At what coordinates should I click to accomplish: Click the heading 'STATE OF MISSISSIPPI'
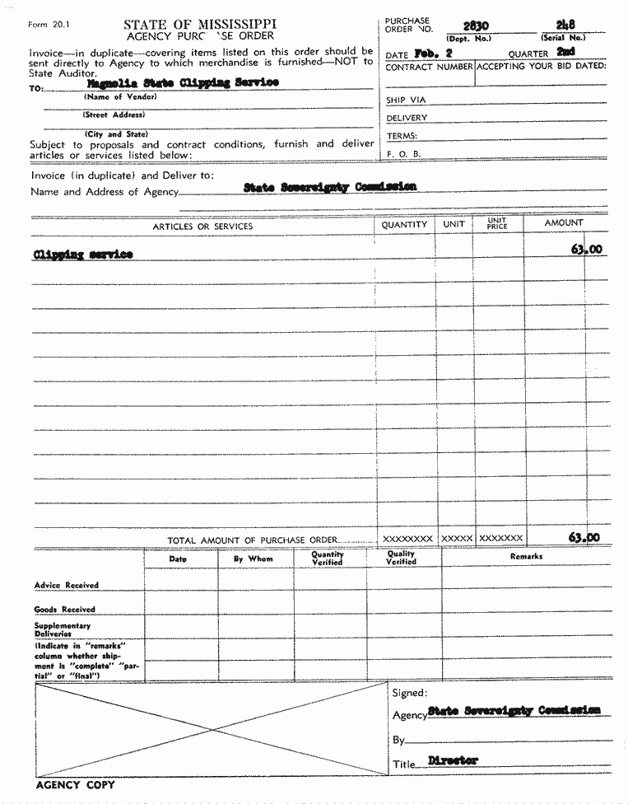[200, 25]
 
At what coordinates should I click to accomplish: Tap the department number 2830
[475, 26]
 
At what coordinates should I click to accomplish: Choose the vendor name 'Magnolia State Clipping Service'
[183, 82]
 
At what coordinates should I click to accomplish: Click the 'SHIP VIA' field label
[406, 100]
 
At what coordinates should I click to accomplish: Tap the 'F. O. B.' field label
[403, 154]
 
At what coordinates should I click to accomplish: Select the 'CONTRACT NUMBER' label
[429, 66]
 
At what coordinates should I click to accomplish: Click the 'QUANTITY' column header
[405, 224]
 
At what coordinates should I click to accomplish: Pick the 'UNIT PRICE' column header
[497, 224]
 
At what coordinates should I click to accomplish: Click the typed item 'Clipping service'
[82, 255]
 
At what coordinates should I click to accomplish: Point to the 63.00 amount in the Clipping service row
[586, 249]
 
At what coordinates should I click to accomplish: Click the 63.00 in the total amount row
[584, 538]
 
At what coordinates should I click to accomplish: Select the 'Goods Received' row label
[65, 610]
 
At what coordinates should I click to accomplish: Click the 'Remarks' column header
[526, 557]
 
